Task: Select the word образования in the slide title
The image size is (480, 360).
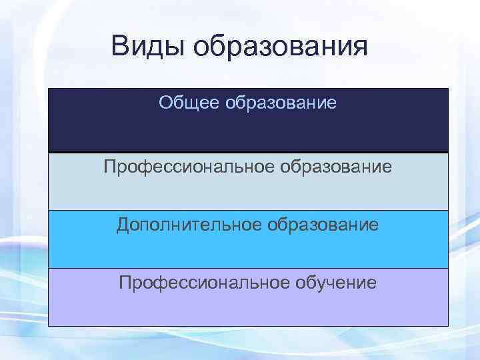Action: pos(280,49)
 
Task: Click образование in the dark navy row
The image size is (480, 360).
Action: pos(281,103)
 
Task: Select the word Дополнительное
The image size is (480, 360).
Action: pos(189,225)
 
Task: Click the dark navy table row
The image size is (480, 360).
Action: pos(248,133)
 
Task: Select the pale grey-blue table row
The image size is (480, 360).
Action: pos(248,193)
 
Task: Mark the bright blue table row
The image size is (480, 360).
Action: pos(248,252)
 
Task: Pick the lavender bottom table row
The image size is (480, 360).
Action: pos(248,310)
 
